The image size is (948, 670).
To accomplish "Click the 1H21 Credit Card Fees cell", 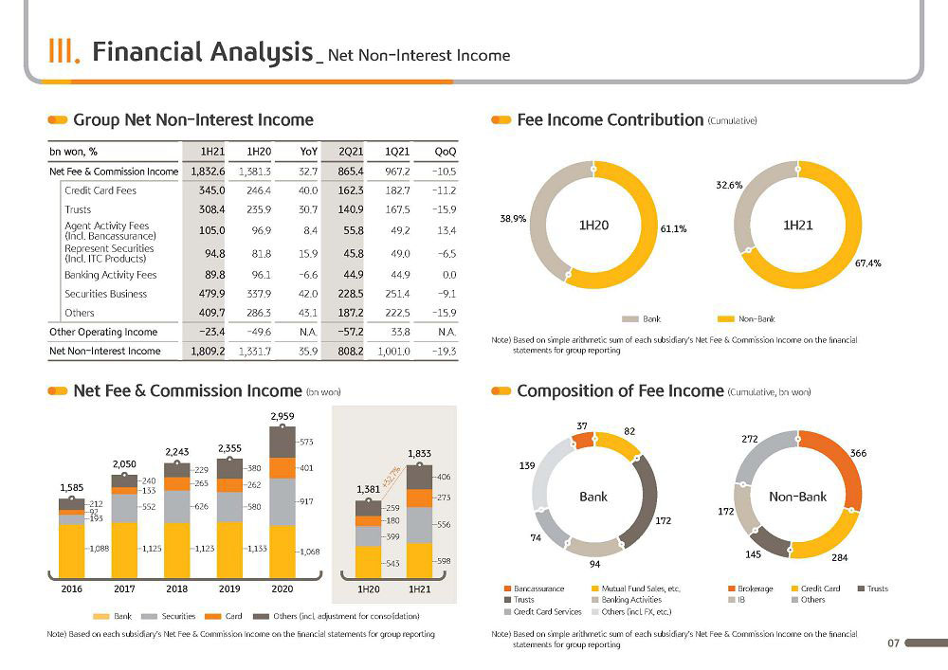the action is pyautogui.click(x=211, y=190).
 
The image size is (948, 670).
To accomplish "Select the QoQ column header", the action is pyautogui.click(x=445, y=152).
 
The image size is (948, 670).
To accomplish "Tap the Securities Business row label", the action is pyautogui.click(x=106, y=294).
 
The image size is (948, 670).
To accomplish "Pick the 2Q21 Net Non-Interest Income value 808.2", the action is pyautogui.click(x=350, y=351).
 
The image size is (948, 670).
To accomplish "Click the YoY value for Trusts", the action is pyautogui.click(x=308, y=209).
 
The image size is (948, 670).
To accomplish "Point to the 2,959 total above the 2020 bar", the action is pyautogui.click(x=283, y=416).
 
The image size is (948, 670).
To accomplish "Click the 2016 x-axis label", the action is pyautogui.click(x=72, y=589).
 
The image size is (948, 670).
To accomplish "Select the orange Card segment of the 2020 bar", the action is pyautogui.click(x=283, y=468).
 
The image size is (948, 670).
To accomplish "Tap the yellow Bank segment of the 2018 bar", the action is pyautogui.click(x=176, y=550).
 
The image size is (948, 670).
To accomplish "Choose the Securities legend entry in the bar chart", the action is pyautogui.click(x=169, y=616).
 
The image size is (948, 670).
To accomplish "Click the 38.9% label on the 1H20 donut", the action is pyautogui.click(x=513, y=219).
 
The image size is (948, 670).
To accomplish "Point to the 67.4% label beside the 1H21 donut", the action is pyautogui.click(x=867, y=263).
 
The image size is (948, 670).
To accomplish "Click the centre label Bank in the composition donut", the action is pyautogui.click(x=593, y=497).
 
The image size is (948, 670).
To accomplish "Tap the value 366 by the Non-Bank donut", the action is pyautogui.click(x=858, y=453).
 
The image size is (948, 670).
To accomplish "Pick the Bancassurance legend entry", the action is pyautogui.click(x=535, y=589).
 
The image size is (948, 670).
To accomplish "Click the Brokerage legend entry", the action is pyautogui.click(x=751, y=589).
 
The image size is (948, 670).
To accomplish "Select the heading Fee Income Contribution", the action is pyautogui.click(x=610, y=119).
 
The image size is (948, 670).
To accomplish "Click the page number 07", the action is pyautogui.click(x=893, y=643).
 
